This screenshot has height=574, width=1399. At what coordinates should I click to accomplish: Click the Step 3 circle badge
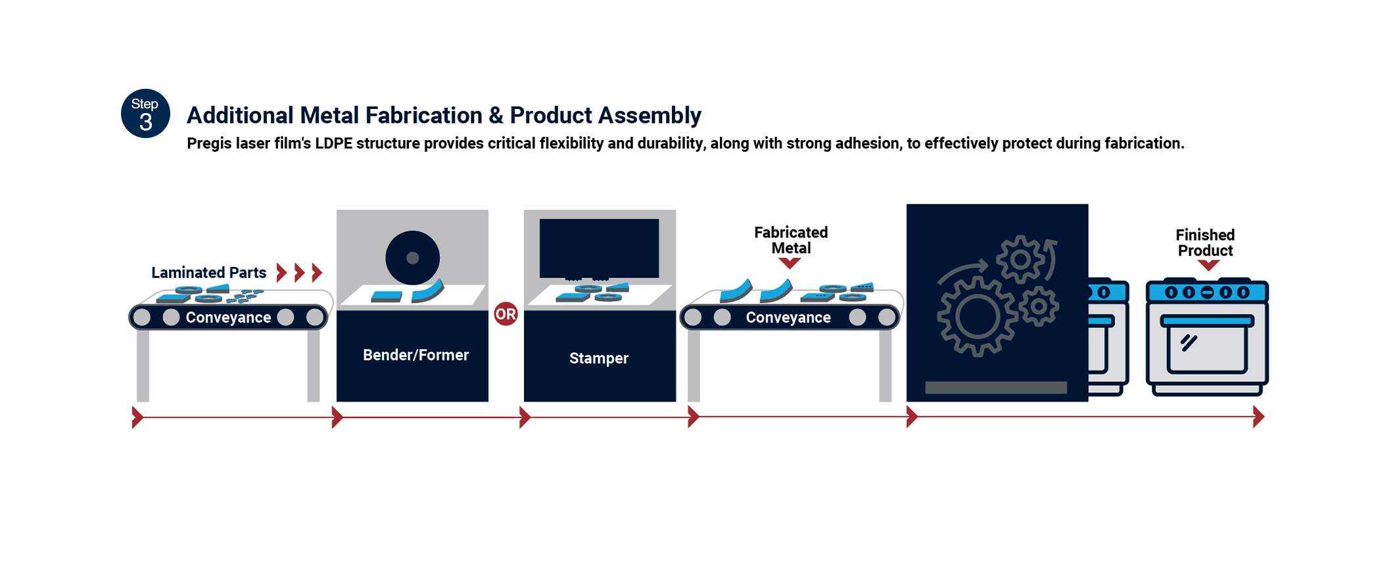(x=145, y=113)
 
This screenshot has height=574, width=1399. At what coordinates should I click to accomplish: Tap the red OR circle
(x=506, y=314)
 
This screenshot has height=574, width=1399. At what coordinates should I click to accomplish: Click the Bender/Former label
(x=415, y=355)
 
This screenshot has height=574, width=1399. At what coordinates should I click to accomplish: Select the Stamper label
(x=598, y=358)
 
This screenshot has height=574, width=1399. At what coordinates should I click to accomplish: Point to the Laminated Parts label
(x=208, y=272)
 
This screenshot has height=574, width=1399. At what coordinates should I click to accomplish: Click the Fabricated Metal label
(x=790, y=240)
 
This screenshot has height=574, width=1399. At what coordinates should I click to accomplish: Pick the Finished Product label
(x=1205, y=243)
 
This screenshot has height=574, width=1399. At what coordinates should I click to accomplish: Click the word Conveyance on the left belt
(x=228, y=318)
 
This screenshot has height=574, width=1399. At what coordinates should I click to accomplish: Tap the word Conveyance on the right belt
(x=788, y=318)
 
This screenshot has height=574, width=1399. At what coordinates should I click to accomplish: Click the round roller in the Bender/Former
(x=412, y=258)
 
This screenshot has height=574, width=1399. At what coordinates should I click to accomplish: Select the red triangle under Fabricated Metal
(x=790, y=263)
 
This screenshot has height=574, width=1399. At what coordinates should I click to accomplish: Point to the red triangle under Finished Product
(x=1208, y=265)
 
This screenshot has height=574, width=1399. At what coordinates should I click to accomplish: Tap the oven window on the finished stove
(x=1206, y=349)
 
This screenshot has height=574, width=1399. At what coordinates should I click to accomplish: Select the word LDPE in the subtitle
(x=333, y=143)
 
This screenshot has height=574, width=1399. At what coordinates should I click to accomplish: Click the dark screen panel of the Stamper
(x=599, y=248)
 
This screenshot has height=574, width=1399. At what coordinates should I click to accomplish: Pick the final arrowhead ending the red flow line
(x=1258, y=417)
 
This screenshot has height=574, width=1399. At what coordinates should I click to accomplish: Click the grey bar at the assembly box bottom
(x=995, y=388)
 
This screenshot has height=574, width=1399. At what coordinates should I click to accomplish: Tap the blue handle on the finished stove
(x=1206, y=321)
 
